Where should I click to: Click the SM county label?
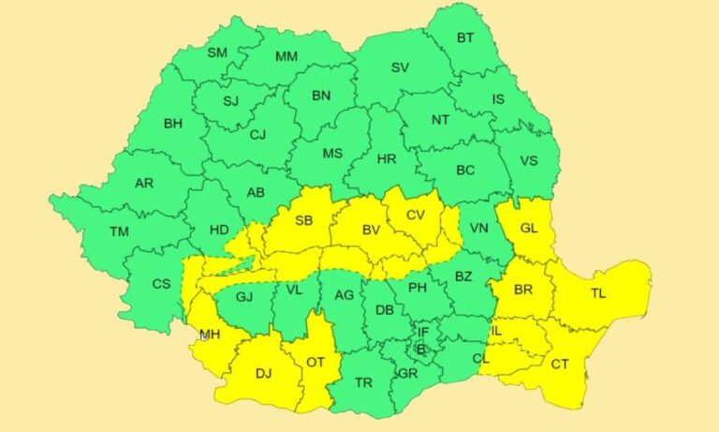coord(217,53)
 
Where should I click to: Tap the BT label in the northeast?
coord(465,38)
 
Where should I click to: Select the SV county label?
coord(400,67)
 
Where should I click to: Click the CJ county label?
coord(257,135)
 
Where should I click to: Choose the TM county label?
coord(119,231)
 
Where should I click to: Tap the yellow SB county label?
coord(304,221)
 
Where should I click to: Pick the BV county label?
coord(372,229)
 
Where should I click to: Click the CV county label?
coord(416,216)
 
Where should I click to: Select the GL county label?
coord(529,228)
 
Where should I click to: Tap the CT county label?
coord(560,364)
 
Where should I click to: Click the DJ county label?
coord(263,374)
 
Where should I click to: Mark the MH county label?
coord(210,334)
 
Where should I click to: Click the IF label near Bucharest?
coord(423,332)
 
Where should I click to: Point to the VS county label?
coord(529,160)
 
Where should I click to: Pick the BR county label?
coord(522,290)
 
